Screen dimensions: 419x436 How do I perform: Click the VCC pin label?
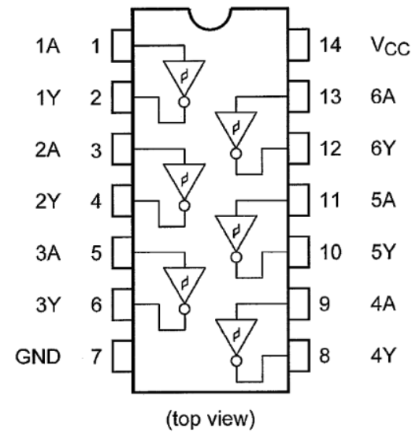click(391, 47)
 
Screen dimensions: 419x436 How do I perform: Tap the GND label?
click(38, 356)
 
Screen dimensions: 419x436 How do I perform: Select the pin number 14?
click(330, 45)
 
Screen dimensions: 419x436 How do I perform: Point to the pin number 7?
click(96, 356)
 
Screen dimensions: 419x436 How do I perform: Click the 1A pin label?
click(48, 46)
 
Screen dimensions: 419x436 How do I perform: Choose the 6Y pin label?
click(383, 148)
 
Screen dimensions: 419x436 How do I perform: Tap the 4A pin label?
click(383, 304)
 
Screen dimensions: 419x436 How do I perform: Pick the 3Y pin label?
click(48, 305)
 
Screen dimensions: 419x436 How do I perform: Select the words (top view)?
click(210, 419)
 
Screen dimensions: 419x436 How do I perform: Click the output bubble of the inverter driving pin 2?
click(184, 102)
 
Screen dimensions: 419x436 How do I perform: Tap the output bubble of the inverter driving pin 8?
click(236, 361)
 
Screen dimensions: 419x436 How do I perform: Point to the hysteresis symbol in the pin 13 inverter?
click(236, 129)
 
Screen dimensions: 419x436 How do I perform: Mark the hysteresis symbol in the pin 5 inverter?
click(184, 284)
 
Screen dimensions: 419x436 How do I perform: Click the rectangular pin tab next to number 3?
click(122, 149)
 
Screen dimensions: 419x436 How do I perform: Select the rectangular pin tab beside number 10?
click(298, 252)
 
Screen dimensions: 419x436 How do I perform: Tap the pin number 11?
click(330, 200)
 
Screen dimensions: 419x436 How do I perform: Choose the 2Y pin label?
click(48, 201)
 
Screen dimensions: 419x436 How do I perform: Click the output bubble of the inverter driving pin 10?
click(236, 257)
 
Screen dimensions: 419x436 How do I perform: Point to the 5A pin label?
click(383, 200)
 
